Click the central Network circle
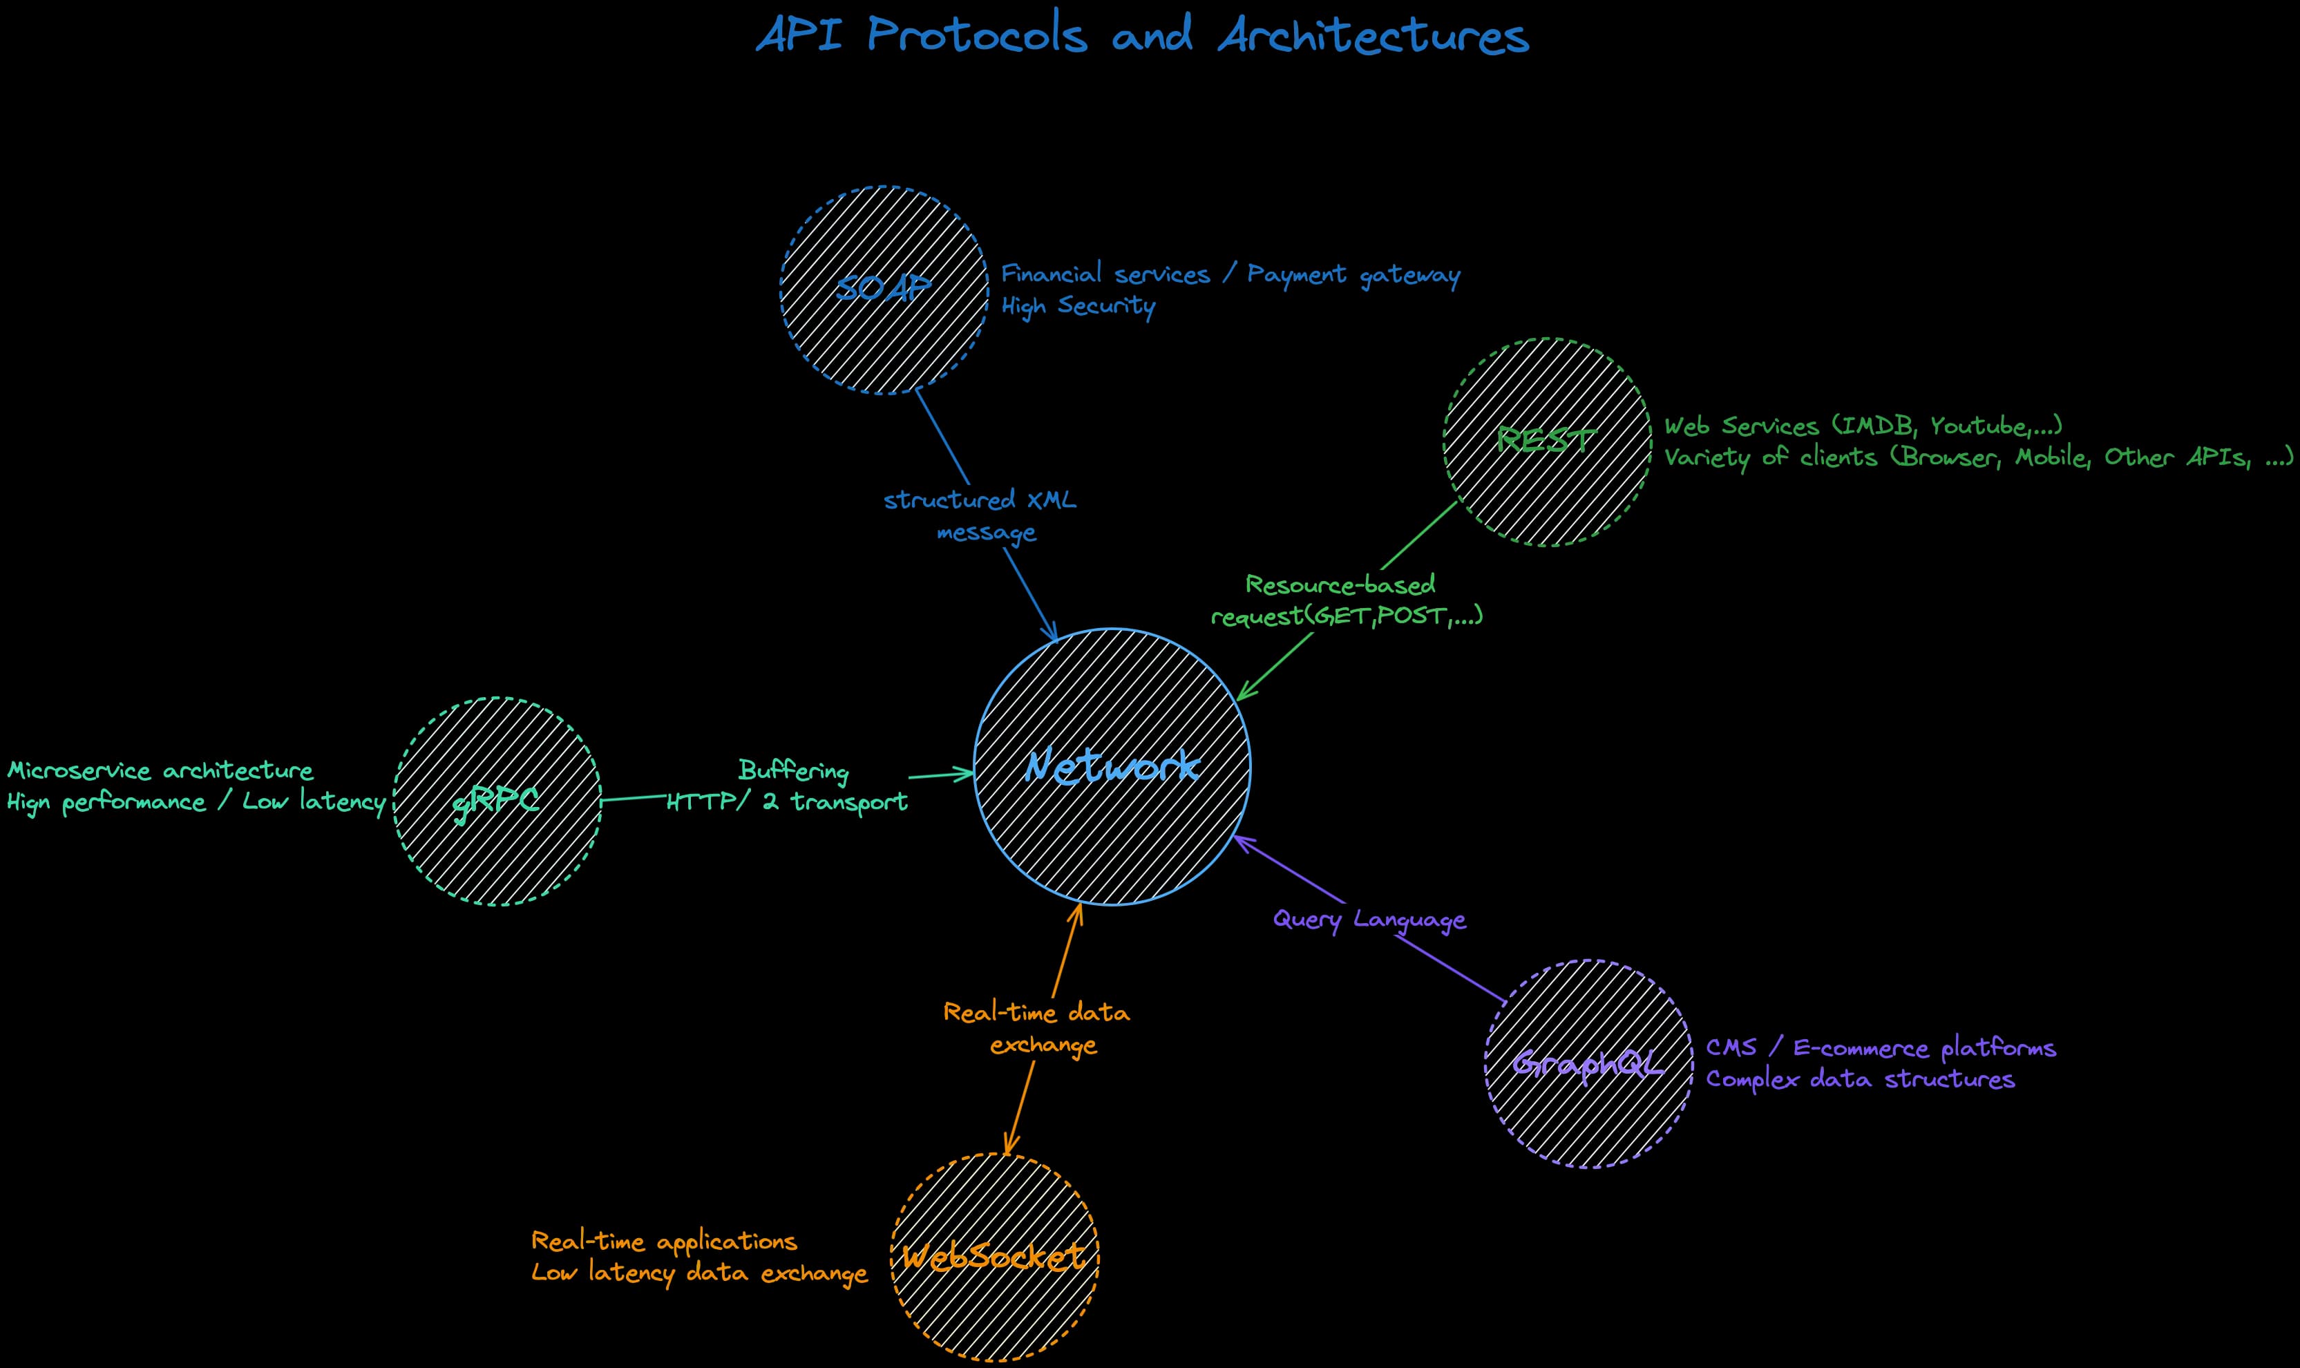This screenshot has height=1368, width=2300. tap(1112, 766)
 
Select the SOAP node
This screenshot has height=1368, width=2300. tap(884, 289)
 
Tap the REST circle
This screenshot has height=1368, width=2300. tap(1547, 441)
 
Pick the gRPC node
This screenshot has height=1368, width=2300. tap(497, 801)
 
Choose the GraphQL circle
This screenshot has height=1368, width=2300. tap(1588, 1064)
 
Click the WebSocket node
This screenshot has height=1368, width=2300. tap(995, 1257)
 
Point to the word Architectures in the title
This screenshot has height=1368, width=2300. tap(1373, 37)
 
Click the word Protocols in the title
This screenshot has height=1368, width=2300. tap(976, 37)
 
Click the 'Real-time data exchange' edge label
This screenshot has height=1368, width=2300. tap(1038, 1029)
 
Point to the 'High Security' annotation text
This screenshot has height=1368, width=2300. tap(1078, 306)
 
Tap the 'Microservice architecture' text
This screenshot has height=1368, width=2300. tap(160, 770)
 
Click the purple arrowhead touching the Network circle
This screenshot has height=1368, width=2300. tap(1238, 839)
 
